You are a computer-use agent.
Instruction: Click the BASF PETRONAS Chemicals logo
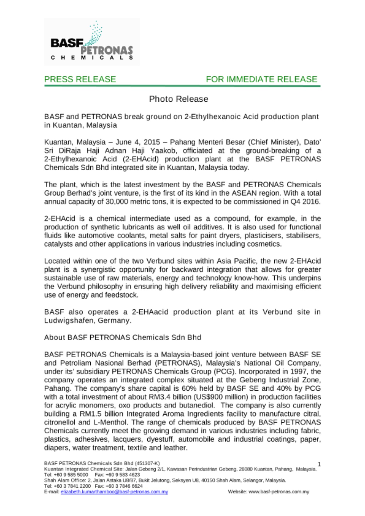(92, 42)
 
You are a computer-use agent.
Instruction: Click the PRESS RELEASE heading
(80, 79)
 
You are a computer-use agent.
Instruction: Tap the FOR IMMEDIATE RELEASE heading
(261, 79)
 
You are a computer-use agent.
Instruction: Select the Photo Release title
(179, 99)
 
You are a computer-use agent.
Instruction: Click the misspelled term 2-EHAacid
(150, 312)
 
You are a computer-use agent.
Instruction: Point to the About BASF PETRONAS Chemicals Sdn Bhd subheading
(123, 337)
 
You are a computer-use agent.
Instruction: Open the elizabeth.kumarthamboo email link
(114, 492)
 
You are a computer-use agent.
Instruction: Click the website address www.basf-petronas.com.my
(279, 492)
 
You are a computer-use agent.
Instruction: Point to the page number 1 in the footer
(319, 464)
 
